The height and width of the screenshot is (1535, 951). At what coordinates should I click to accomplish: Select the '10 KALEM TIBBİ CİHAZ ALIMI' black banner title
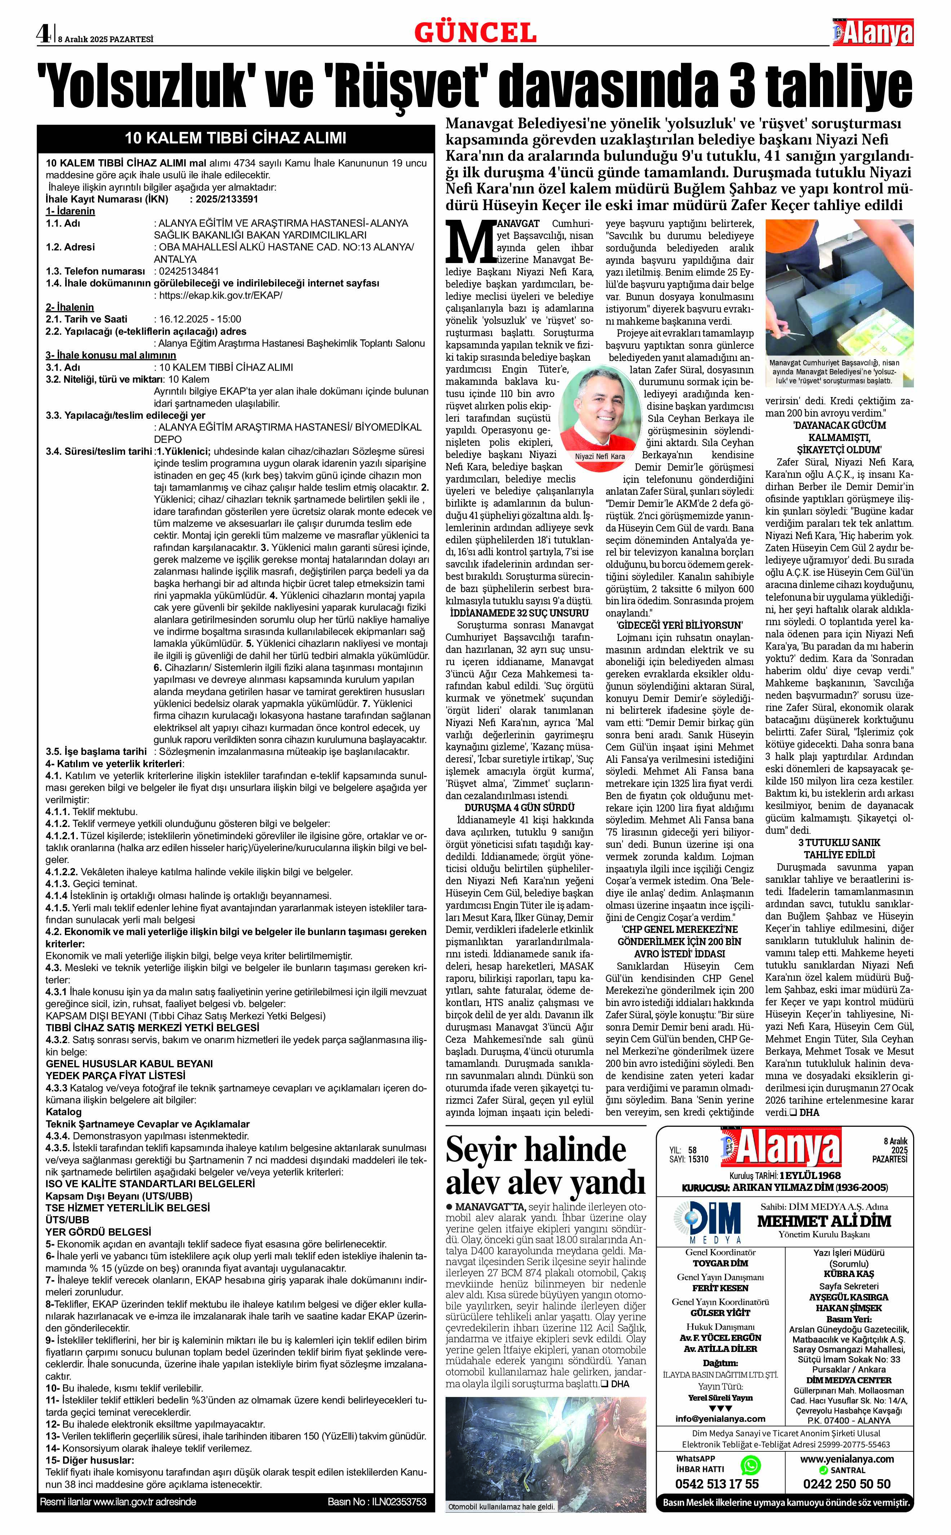(235, 138)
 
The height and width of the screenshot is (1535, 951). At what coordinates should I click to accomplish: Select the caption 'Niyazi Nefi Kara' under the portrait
(600, 456)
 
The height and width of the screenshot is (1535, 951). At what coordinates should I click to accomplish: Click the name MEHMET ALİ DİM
(824, 1222)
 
